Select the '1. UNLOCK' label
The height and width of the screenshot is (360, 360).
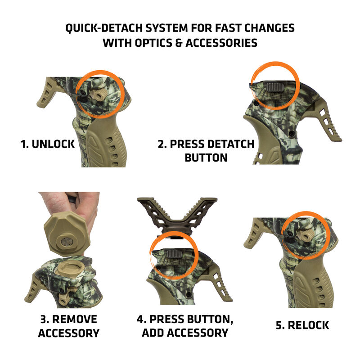pyautogui.click(x=47, y=144)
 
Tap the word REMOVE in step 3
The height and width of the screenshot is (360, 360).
pyautogui.click(x=75, y=319)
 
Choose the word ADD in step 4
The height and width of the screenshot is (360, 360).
pyautogui.click(x=156, y=333)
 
